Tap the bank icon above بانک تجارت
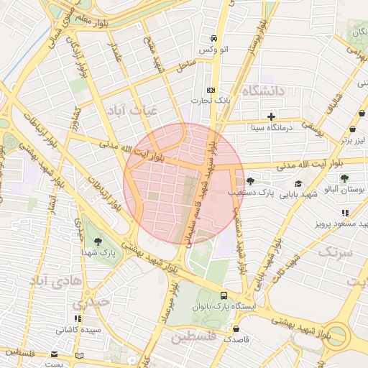[x=211, y=90]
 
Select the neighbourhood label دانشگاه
[x=264, y=91]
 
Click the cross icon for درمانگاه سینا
[x=271, y=116]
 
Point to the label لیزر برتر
[x=354, y=140]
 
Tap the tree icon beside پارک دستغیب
[x=250, y=181]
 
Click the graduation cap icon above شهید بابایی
[x=298, y=184]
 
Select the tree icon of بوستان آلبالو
[x=344, y=178]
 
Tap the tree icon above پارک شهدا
[x=98, y=241]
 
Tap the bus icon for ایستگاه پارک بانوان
[x=224, y=295]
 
